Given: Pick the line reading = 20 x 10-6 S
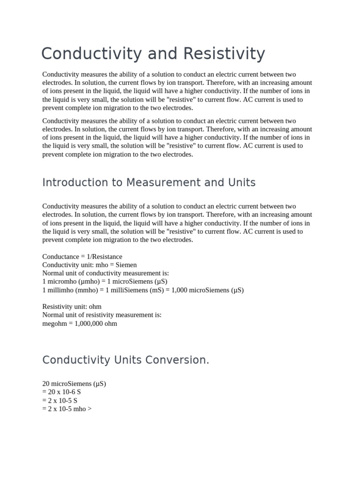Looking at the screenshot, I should (x=61, y=392).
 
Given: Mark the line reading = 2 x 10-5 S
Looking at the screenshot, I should (x=60, y=400).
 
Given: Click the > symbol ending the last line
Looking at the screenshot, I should (x=90, y=409).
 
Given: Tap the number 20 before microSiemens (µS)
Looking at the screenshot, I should (x=46, y=383).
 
